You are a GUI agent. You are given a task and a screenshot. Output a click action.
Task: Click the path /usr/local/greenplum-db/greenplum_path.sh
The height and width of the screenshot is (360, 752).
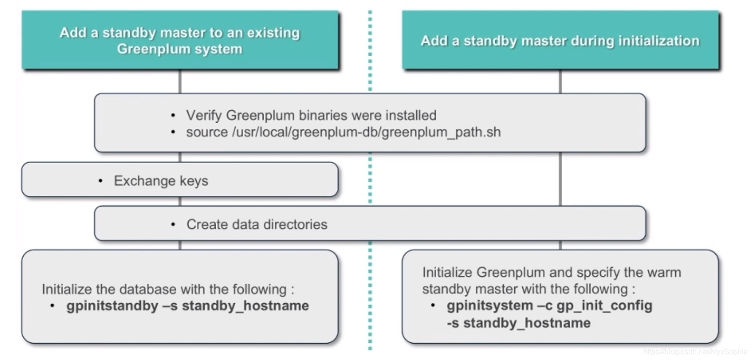366,132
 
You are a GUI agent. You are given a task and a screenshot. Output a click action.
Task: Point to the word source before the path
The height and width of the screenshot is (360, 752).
207,132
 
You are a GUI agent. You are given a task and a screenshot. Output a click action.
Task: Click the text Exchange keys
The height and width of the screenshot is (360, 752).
161,180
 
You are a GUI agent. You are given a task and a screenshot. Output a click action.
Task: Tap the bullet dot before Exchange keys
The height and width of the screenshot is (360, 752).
100,180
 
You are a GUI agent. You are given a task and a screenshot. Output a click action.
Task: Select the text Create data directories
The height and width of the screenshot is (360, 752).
257,224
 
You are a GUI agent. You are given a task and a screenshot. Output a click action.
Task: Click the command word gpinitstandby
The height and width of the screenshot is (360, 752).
112,306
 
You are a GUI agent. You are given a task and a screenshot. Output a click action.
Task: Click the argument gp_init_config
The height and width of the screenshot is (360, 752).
604,306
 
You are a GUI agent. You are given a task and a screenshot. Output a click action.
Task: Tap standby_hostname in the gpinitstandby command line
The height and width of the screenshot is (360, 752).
245,306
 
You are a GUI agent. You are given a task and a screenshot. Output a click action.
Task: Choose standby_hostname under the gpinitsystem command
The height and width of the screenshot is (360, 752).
526,323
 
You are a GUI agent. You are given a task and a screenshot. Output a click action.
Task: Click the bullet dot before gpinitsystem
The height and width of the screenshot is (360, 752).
433,306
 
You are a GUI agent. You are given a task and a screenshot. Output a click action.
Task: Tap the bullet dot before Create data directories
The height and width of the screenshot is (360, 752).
173,225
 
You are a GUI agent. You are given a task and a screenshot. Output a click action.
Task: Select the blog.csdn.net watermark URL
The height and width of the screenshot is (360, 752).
695,352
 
